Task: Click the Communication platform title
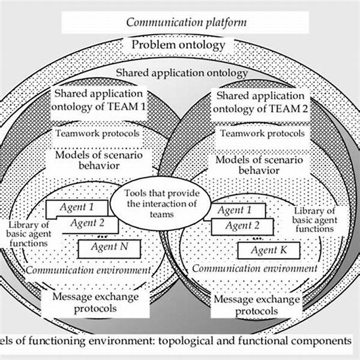[x=186, y=23]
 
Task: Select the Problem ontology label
[x=179, y=44]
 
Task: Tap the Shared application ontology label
[x=181, y=73]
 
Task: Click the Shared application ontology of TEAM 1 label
[x=98, y=100]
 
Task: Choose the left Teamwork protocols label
[x=98, y=133]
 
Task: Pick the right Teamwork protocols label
[x=262, y=133]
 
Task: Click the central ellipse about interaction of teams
[x=162, y=203]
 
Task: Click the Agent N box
[x=109, y=247]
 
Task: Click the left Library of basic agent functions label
[x=28, y=235]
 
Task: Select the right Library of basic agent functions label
[x=314, y=220]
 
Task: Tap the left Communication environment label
[x=88, y=270]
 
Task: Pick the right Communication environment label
[x=254, y=268]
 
